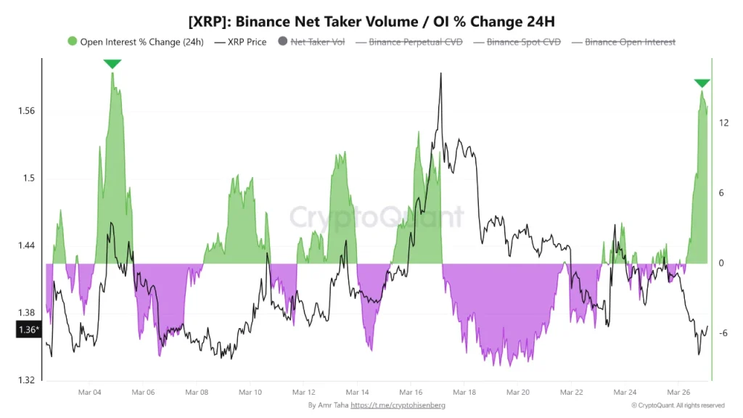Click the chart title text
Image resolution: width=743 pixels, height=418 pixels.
tap(371, 20)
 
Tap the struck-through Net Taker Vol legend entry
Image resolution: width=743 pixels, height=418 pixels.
tap(317, 42)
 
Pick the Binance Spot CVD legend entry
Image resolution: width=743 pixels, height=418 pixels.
tap(523, 42)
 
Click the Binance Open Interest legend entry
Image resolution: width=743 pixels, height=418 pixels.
tap(629, 42)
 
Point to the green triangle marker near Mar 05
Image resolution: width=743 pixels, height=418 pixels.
tap(112, 64)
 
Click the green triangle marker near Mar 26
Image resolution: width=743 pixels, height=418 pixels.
tap(702, 83)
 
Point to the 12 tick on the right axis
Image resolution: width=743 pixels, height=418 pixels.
tap(723, 123)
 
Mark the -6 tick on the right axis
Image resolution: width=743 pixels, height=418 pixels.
tap(723, 333)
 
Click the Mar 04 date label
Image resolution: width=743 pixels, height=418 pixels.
tap(89, 392)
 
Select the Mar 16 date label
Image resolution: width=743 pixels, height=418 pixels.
tap(411, 392)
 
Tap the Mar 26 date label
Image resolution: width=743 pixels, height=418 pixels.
tap(678, 392)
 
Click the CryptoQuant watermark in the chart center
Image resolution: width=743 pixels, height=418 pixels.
tap(377, 216)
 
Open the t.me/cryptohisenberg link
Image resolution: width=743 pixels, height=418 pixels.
tap(397, 405)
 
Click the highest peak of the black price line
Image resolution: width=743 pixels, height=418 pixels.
tap(440, 73)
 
